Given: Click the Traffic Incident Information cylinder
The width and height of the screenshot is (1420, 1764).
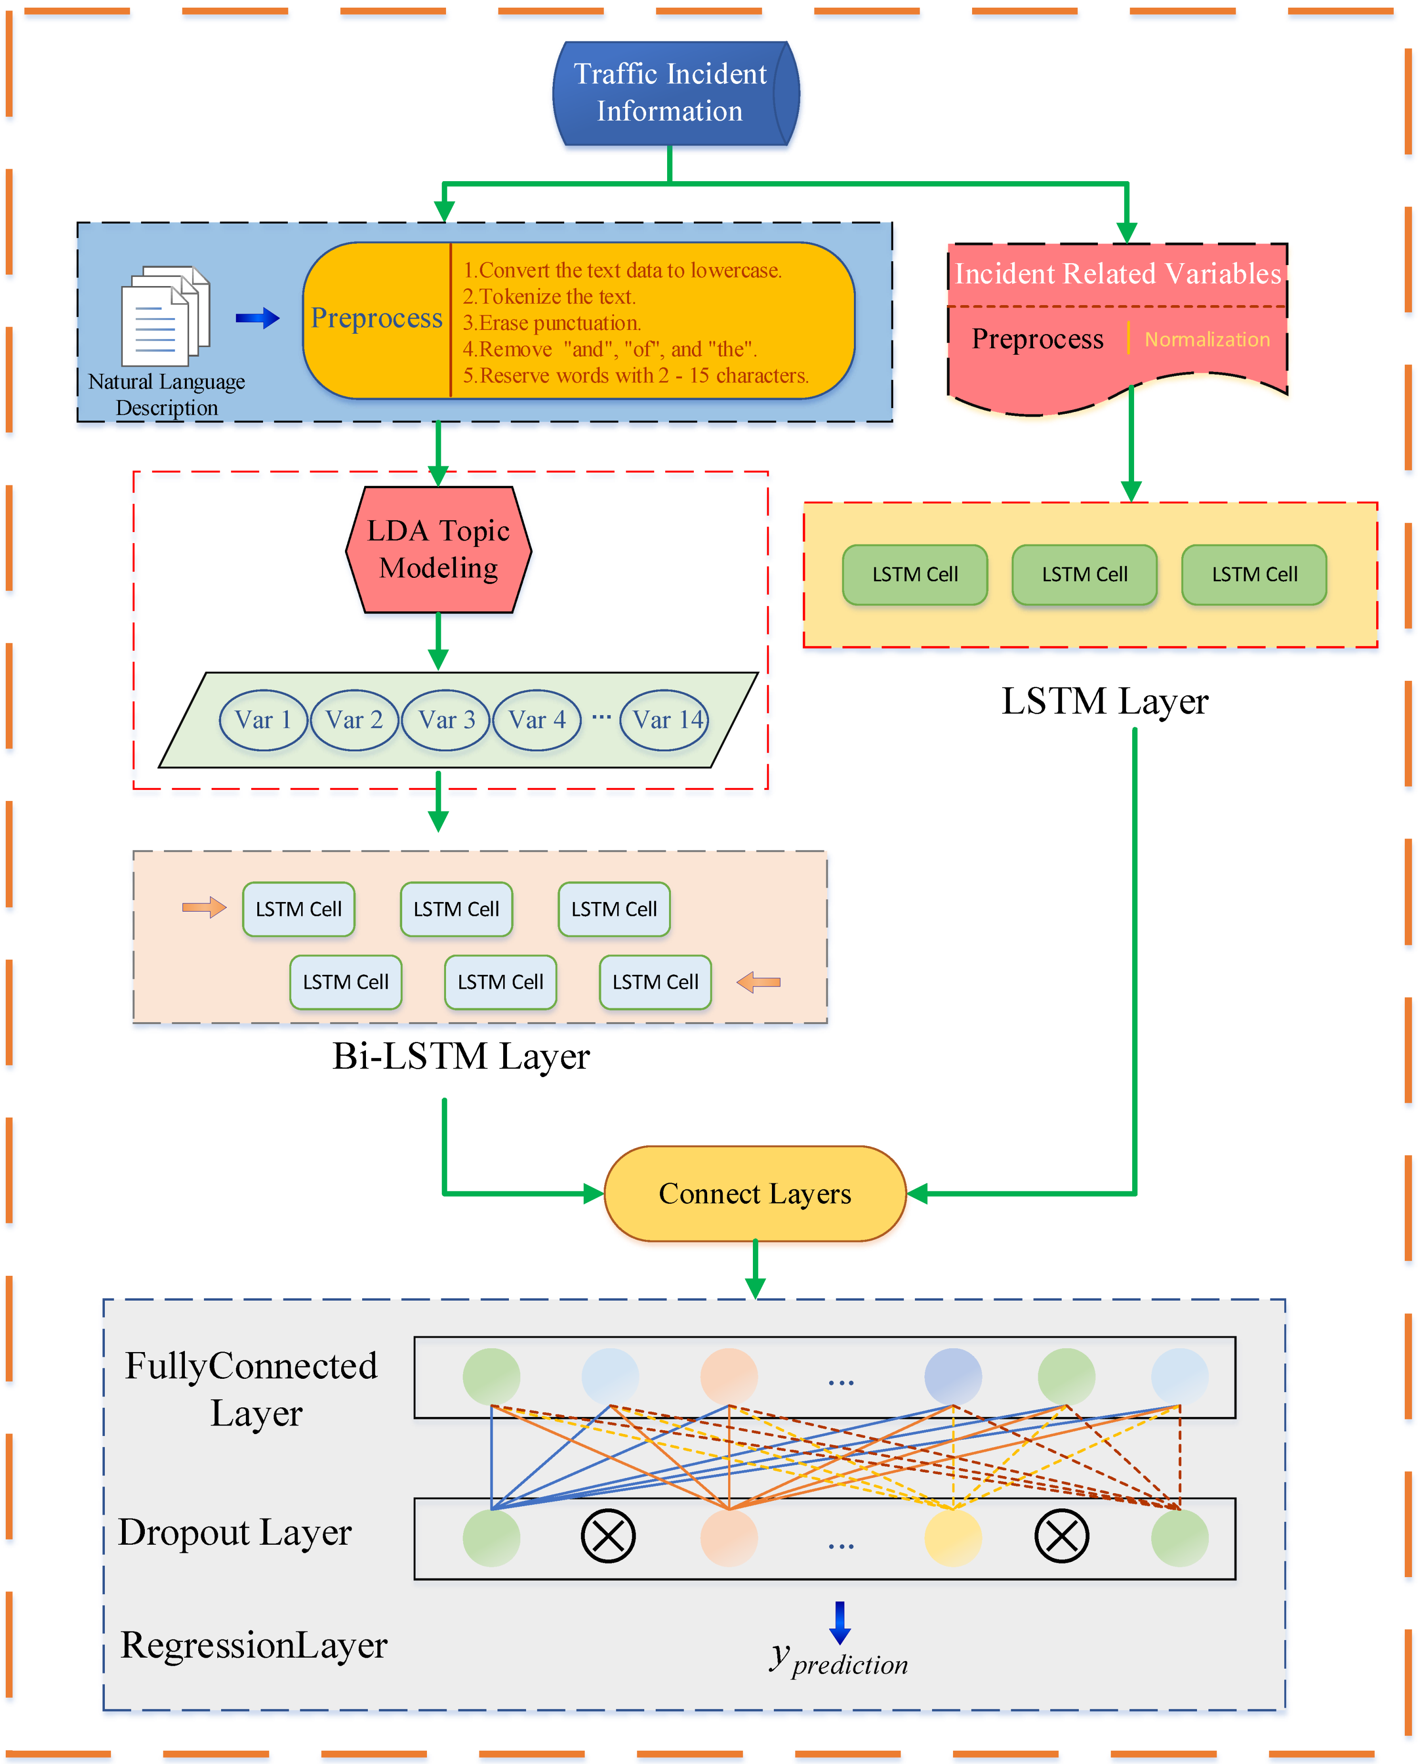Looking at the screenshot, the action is (x=676, y=93).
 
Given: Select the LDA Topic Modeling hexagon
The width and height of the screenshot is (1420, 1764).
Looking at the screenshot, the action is (x=438, y=550).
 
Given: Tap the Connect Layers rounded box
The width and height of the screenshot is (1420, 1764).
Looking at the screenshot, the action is (x=755, y=1194).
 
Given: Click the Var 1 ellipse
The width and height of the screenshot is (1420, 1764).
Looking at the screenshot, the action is (x=264, y=720).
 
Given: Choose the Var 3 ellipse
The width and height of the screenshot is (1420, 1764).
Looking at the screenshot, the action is (x=446, y=720).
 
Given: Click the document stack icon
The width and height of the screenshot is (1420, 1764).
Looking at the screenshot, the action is (x=166, y=316).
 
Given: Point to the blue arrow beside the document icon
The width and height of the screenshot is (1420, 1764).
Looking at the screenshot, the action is (x=258, y=318).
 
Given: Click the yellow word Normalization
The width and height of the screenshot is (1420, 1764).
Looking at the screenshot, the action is (x=1207, y=339).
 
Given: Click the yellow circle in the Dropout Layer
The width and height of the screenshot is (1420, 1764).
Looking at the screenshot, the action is (x=953, y=1538).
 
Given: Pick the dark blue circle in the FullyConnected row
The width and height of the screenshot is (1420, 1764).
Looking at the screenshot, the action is (x=953, y=1377).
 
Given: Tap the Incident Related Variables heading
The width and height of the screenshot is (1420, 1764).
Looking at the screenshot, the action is (x=1118, y=273).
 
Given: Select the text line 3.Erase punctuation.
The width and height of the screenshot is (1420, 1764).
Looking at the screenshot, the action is (x=552, y=323).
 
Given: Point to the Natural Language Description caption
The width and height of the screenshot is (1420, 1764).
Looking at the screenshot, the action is (x=167, y=394).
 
